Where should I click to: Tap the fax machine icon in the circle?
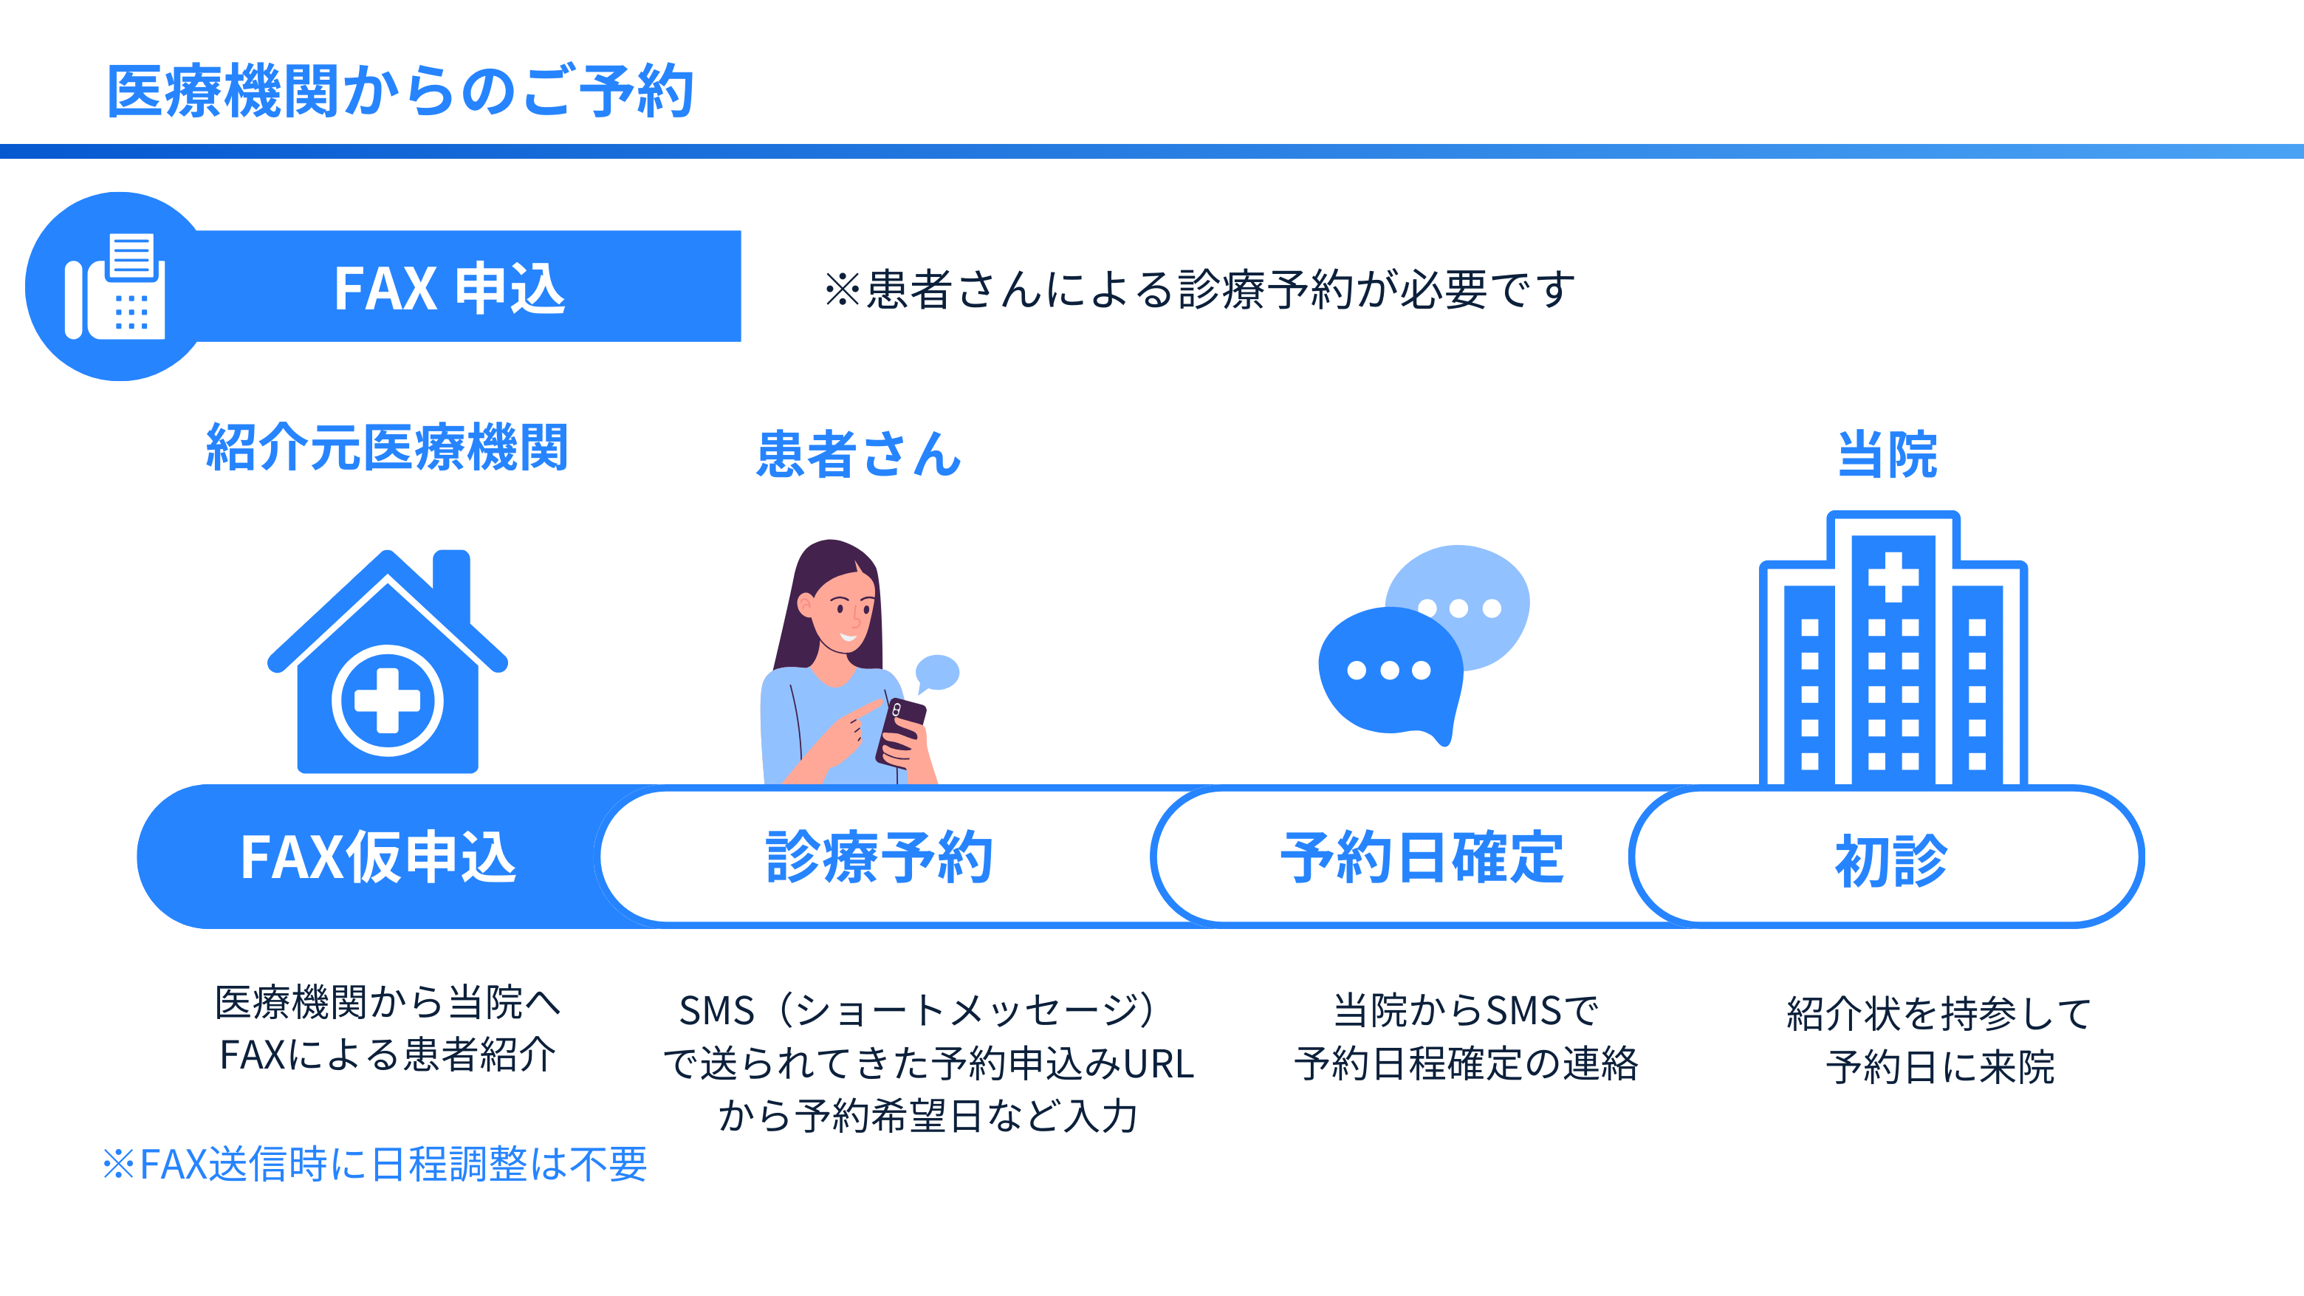pos(115,287)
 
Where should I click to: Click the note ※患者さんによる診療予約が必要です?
pos(1199,289)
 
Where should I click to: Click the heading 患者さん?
pos(859,453)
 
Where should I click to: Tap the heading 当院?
pos(1888,453)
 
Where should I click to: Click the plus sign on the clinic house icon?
pos(387,700)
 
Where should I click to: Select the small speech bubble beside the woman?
pos(936,673)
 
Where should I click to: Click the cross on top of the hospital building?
pos(1893,577)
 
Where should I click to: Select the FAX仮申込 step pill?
pos(377,857)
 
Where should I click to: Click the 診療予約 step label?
pos(880,857)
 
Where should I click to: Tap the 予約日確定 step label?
pos(1422,857)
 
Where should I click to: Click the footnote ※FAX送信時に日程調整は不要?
pos(374,1164)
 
